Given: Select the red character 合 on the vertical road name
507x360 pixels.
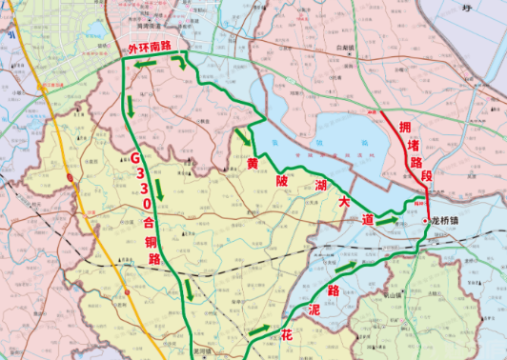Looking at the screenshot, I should (151, 220).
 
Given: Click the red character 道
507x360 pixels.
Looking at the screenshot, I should (367, 219).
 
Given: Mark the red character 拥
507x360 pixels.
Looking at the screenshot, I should (406, 127).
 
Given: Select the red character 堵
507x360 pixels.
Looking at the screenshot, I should (413, 145).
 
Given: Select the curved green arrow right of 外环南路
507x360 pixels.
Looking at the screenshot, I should (181, 65).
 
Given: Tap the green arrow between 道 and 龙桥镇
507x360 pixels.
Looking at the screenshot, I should (387, 220).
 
